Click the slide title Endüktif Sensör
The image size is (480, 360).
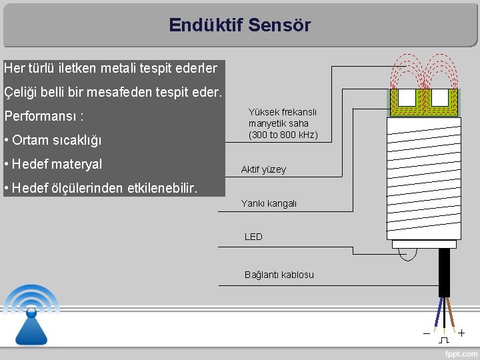click(239, 25)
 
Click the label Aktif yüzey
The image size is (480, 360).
click(263, 169)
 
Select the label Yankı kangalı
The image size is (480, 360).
click(269, 203)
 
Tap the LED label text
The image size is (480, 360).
click(253, 237)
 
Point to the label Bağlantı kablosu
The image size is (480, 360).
click(279, 275)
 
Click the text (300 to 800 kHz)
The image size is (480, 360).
click(283, 135)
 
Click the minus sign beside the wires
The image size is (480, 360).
click(426, 333)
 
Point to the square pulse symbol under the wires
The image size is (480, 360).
click(444, 340)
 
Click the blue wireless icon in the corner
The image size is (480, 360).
click(31, 313)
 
